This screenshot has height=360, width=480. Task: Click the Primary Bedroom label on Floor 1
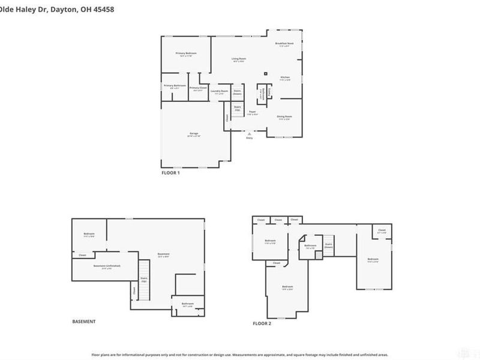point(186,53)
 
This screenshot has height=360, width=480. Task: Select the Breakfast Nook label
point(284,44)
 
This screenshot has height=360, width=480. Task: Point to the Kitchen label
point(285,77)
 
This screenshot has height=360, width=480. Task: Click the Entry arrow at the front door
point(249,133)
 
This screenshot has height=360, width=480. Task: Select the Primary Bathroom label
point(175,86)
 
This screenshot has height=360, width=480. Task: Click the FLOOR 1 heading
point(170,173)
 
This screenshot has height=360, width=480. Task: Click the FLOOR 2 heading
point(262,323)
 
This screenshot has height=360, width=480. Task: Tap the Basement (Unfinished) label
point(107,266)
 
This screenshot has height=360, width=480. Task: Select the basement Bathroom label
point(188,304)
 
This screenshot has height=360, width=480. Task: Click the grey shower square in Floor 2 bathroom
point(319,255)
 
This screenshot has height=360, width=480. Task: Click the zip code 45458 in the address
point(119,10)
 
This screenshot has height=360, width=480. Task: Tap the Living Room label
point(239,59)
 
